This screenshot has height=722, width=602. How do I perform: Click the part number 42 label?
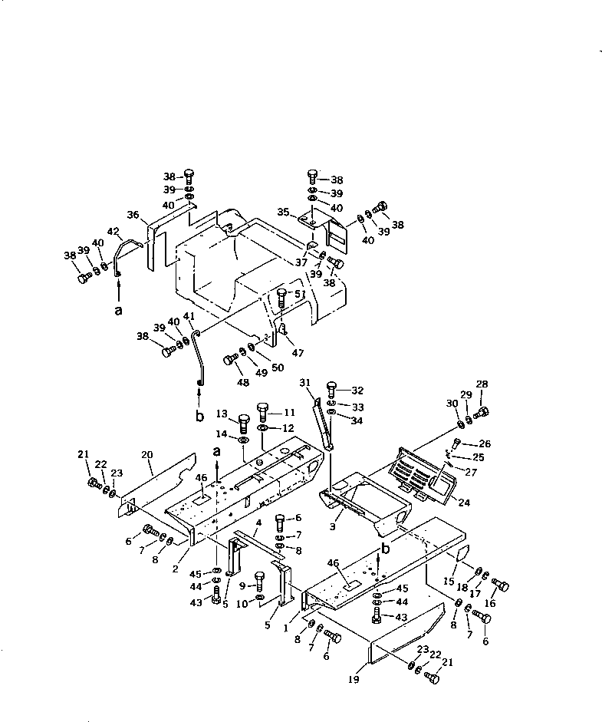click(113, 231)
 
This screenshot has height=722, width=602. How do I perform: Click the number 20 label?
click(147, 454)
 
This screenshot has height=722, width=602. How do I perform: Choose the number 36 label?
click(133, 216)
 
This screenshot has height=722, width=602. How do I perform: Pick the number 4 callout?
click(258, 523)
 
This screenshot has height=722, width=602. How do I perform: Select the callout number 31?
click(305, 383)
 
